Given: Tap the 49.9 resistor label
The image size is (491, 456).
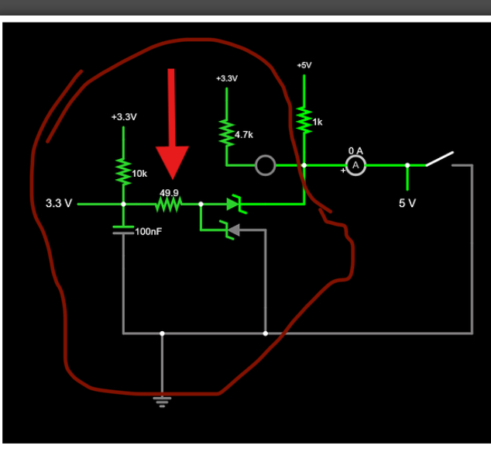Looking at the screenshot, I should click(169, 192).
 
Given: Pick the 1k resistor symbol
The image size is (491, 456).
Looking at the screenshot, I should click(304, 120).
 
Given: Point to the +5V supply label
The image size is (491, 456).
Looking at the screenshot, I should click(304, 65).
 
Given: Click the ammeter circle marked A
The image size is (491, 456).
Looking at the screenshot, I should click(355, 165).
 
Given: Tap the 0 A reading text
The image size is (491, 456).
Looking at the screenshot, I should click(355, 150).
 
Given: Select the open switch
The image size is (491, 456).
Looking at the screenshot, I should click(439, 159).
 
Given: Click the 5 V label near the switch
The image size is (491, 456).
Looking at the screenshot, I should click(407, 203).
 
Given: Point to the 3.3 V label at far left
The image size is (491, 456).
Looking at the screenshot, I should click(59, 204).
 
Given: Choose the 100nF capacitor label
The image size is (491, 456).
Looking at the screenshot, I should click(149, 232).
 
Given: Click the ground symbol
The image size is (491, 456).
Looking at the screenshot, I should click(162, 400).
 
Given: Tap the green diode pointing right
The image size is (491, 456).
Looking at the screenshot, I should click(235, 204).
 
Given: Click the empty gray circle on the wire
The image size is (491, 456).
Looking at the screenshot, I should click(265, 165).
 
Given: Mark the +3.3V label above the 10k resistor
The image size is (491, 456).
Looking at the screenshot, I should click(123, 117).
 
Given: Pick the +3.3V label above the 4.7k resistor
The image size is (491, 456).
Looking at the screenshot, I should click(227, 79).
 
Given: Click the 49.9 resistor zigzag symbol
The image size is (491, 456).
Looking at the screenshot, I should click(169, 205).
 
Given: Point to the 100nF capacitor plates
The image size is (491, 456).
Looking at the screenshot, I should click(123, 229).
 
